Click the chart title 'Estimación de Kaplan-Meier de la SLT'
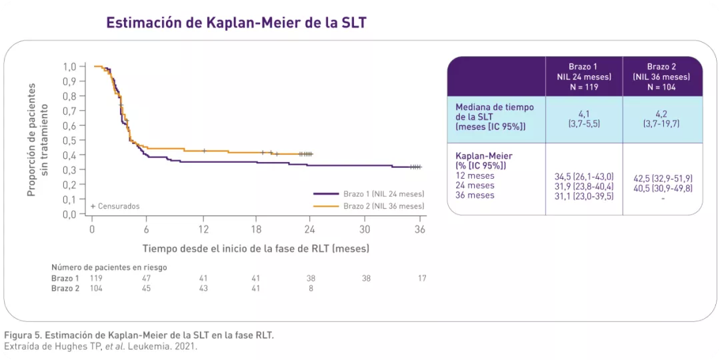point(237,22)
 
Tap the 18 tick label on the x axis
point(256,229)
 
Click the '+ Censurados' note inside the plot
point(115,206)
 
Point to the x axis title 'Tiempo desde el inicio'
point(255,248)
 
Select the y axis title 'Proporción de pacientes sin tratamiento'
point(38,140)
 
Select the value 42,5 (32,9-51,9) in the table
point(661,179)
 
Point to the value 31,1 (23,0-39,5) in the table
point(583,196)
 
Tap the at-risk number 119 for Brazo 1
point(97,278)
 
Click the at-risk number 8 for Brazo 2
point(311,288)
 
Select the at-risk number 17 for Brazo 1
point(422,278)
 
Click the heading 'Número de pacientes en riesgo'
point(109,267)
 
